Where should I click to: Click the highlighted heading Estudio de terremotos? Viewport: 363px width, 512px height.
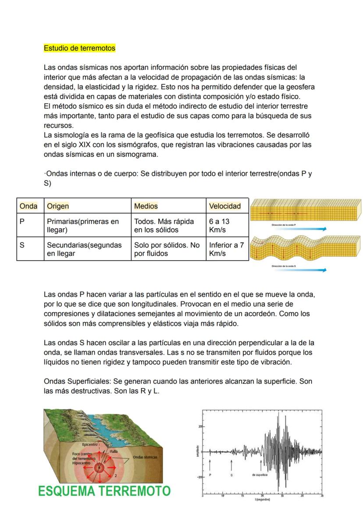click(79, 48)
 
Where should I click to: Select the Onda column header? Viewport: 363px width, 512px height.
click(28, 206)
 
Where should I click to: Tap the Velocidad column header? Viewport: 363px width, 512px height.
click(224, 206)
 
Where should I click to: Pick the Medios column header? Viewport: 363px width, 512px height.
click(146, 206)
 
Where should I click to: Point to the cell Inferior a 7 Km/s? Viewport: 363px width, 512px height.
click(226, 249)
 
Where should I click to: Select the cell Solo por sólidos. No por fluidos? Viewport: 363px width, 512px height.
click(167, 249)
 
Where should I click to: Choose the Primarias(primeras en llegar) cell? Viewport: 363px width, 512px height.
click(83, 226)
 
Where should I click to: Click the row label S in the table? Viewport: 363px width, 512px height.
click(22, 245)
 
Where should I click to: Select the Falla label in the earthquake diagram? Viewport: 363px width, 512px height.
click(114, 451)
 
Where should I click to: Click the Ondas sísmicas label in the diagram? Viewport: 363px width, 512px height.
click(145, 457)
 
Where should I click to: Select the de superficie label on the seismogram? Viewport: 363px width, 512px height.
click(260, 475)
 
